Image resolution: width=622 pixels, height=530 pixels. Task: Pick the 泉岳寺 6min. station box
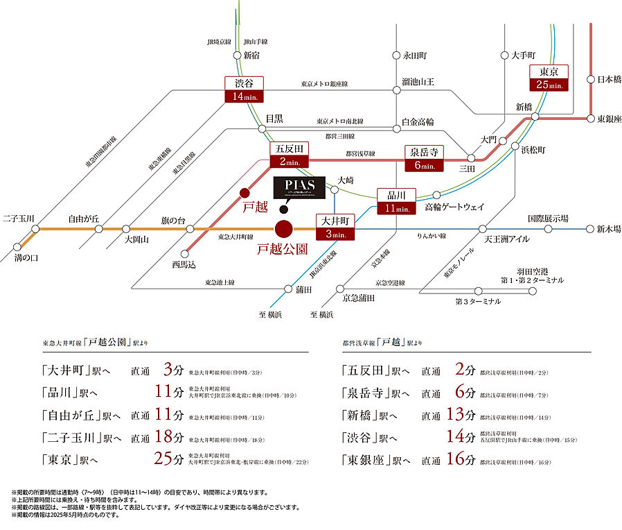coord(423,159)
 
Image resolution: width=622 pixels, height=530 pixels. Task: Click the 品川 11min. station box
coord(396,200)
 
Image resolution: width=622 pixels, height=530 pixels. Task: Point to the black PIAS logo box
coord(295,187)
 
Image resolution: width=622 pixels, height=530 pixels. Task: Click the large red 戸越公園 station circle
coord(284,228)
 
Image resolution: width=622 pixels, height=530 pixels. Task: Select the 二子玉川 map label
coord(17,217)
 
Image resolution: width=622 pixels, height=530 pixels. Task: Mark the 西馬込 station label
coord(185,264)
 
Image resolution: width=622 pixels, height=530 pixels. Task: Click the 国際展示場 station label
coord(547,219)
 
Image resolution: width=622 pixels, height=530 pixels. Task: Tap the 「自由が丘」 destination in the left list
coord(72,416)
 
